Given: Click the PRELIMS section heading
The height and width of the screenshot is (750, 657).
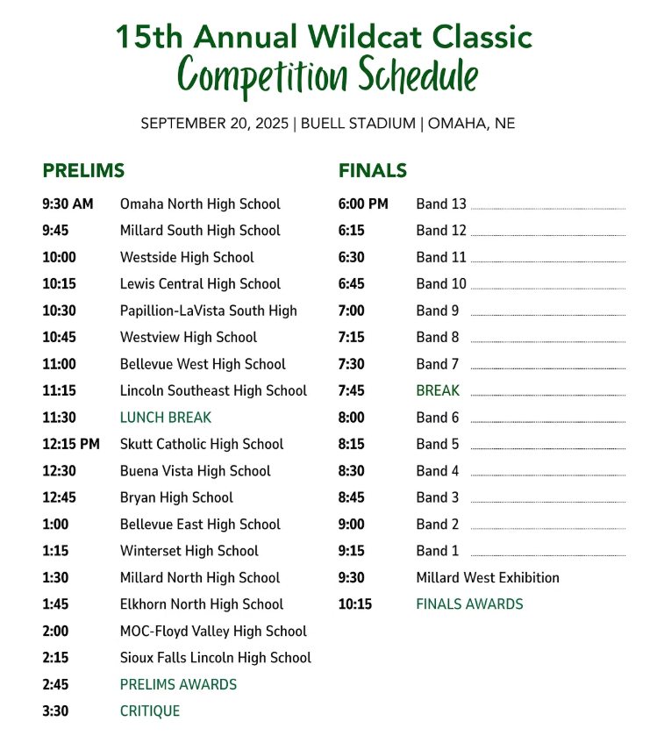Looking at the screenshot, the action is [83, 170].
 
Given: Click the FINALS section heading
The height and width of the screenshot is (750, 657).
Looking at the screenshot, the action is [373, 170].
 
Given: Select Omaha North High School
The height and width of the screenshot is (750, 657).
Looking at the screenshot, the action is [200, 204].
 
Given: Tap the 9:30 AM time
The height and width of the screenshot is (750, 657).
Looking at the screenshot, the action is [68, 204].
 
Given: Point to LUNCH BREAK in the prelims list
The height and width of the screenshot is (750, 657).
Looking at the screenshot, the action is [166, 418].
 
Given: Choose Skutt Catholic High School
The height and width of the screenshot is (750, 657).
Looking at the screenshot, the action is [202, 444].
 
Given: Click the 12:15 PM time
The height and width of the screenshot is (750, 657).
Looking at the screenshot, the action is [71, 444].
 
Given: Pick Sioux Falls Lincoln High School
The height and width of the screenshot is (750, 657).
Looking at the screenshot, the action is [216, 657].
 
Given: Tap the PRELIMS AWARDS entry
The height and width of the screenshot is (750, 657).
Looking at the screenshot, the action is [178, 684].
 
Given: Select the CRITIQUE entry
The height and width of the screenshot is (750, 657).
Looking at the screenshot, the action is [150, 711].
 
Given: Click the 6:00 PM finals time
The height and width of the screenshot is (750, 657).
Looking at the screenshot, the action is [363, 204].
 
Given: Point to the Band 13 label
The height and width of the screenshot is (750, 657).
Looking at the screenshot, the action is [441, 204].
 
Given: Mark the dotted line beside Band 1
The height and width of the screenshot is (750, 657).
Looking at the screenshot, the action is [547, 555].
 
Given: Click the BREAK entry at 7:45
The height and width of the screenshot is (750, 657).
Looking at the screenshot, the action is [438, 391].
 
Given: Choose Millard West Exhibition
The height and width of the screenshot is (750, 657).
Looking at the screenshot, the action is [488, 577].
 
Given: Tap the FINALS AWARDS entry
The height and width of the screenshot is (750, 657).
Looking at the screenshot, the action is [469, 604].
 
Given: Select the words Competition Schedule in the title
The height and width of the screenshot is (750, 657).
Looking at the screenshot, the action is [328, 75].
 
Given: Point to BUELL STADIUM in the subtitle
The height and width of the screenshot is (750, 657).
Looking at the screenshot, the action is [358, 124].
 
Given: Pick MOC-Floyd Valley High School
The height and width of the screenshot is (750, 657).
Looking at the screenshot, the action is [213, 631].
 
